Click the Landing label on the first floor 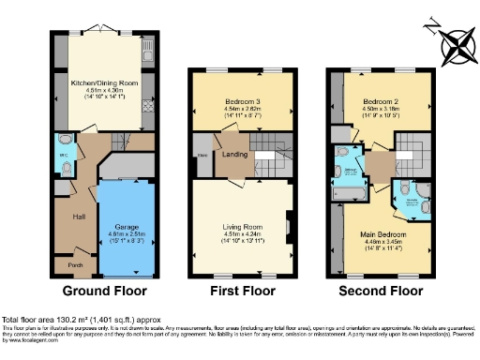point(234,156)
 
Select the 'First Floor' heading point(240,291)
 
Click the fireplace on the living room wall point(289,225)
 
